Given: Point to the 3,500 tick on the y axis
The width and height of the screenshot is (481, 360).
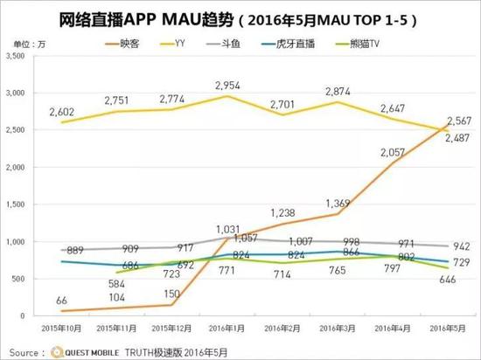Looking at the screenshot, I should (x=15, y=56).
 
